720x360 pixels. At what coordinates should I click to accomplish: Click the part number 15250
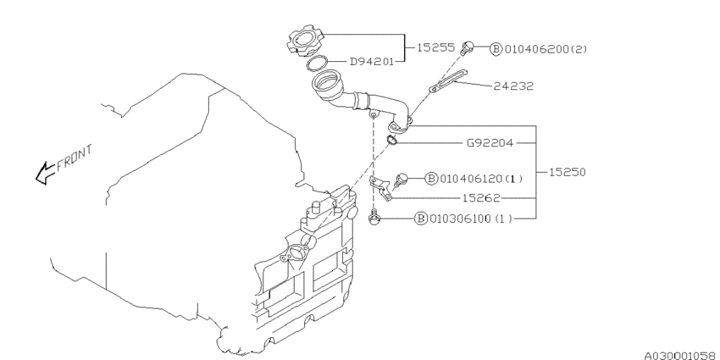[568, 171]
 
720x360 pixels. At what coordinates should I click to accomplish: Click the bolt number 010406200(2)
[546, 48]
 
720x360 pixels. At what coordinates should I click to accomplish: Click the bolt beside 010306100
[374, 219]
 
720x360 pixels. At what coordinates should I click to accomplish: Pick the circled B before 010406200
[496, 48]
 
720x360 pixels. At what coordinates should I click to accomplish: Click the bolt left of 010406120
[401, 178]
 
